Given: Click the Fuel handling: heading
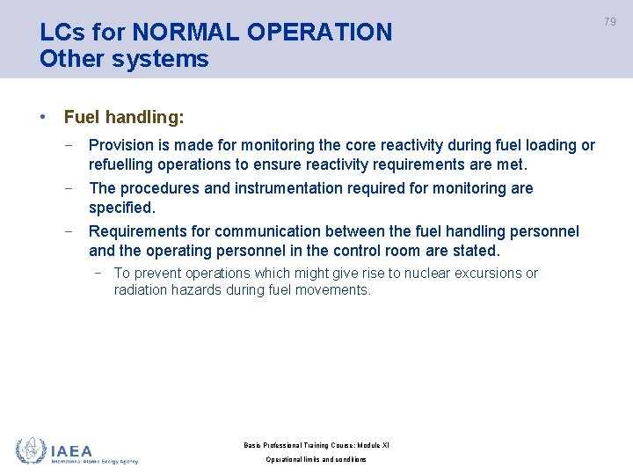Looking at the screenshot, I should [124, 117].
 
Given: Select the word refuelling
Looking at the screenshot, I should [124, 164].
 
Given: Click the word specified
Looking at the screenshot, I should [121, 208].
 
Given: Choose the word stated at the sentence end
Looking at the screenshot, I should [477, 251].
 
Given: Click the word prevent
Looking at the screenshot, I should [156, 274].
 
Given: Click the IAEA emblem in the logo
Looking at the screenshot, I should [30, 450].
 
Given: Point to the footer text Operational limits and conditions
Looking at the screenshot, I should [316, 460].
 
